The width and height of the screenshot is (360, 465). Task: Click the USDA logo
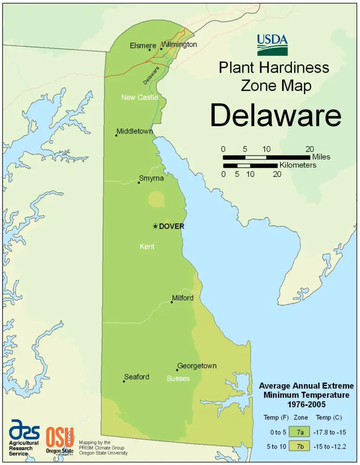[x=272, y=45]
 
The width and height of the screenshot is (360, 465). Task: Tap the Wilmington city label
[x=180, y=45]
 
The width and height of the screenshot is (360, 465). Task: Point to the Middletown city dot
[x=116, y=136]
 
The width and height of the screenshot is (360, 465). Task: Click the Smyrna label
[x=151, y=178]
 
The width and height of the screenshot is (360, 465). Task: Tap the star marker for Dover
[x=155, y=226]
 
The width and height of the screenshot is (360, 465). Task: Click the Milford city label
[x=183, y=298]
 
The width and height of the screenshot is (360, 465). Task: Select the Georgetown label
[x=196, y=366]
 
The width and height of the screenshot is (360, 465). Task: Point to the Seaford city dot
[x=124, y=381]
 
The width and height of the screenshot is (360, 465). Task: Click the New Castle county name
[x=139, y=98]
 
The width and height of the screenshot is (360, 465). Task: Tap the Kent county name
[x=147, y=246]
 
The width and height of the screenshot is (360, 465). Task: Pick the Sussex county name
[x=178, y=378]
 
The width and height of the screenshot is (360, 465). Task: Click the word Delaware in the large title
[x=275, y=115]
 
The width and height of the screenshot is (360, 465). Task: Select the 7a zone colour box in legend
[x=300, y=431]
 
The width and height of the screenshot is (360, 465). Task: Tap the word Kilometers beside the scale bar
[x=298, y=165]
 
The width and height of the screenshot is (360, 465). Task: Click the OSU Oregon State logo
[x=60, y=439]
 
